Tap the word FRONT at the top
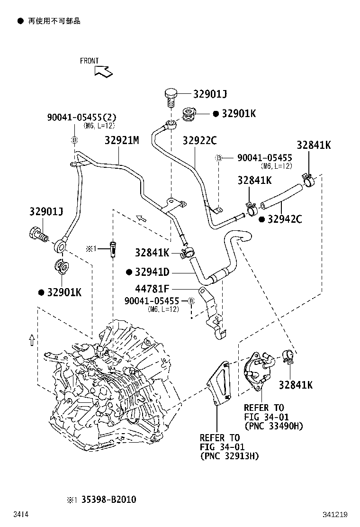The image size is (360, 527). point(89,61)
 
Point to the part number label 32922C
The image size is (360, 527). point(200,140)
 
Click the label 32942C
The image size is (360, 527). point(285,219)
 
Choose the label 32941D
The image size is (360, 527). point(152,272)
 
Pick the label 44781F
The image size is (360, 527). point(152,288)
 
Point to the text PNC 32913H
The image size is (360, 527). point(229,456)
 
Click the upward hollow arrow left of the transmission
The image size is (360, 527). point(31,340)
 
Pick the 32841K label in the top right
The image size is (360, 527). point(314,145)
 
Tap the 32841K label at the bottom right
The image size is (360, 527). point(296,385)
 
